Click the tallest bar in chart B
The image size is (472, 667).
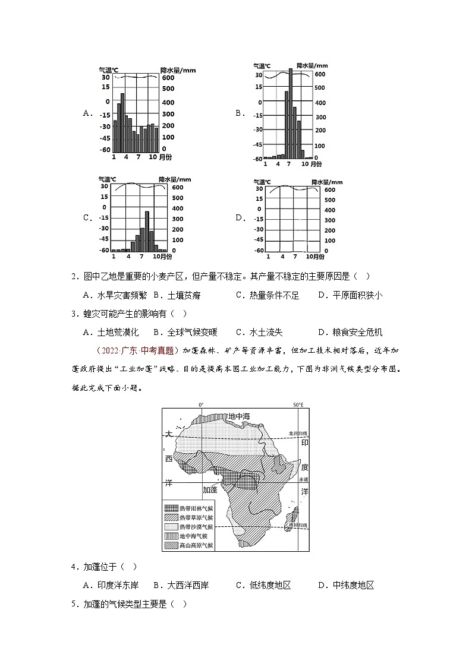point(291,113)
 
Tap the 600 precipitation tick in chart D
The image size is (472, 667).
point(331,190)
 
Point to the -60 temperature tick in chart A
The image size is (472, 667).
point(105,150)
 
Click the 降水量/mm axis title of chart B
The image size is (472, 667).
point(312,66)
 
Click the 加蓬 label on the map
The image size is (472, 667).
point(210,490)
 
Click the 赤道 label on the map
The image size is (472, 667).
point(304,479)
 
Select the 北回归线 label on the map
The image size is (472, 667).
point(298,433)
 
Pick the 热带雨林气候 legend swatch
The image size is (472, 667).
point(171,508)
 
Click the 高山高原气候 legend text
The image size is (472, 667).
point(196,545)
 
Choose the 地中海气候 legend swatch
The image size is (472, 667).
point(171,536)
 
